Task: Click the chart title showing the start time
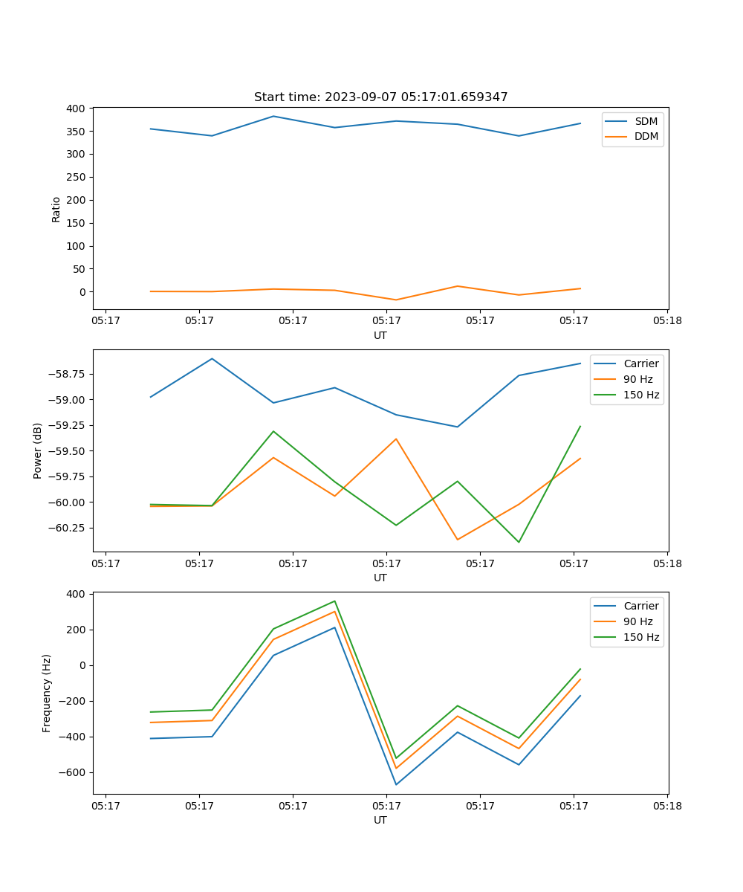pyautogui.click(x=380, y=97)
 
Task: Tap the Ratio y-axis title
pyautogui.click(x=56, y=209)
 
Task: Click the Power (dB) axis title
pyautogui.click(x=38, y=450)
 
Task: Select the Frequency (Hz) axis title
pyautogui.click(x=47, y=693)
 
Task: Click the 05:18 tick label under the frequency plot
pyautogui.click(x=667, y=805)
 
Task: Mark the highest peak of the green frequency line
pyautogui.click(x=334, y=601)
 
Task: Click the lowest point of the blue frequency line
pyautogui.click(x=396, y=784)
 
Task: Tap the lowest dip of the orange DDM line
pyautogui.click(x=396, y=300)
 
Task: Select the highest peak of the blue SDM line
pyautogui.click(x=273, y=116)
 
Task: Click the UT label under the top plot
pyautogui.click(x=380, y=335)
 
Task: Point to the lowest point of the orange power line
pyautogui.click(x=457, y=540)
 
